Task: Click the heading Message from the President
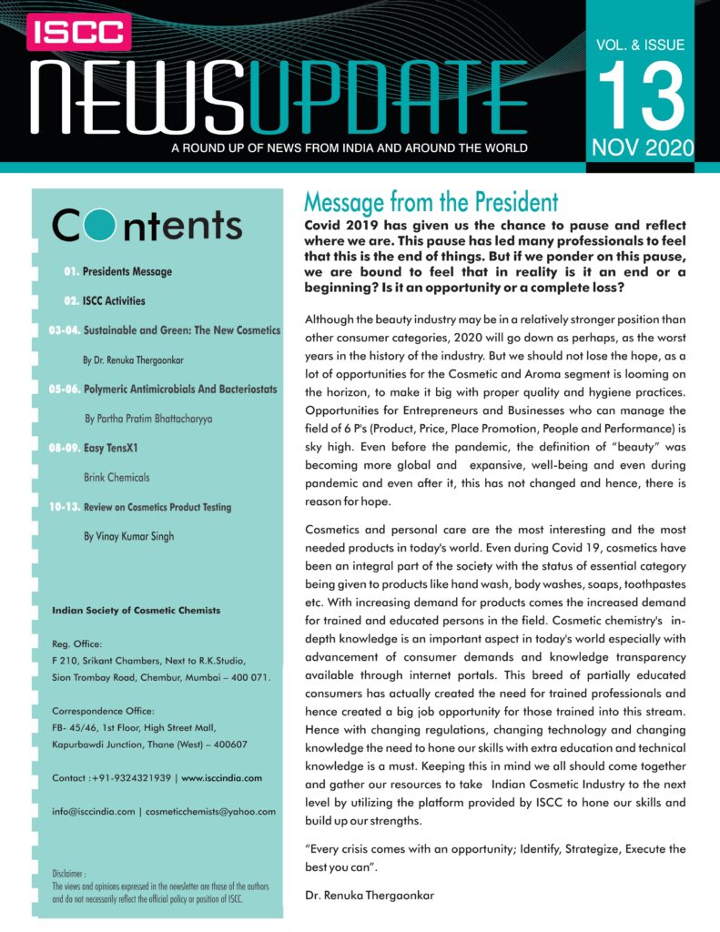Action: pyautogui.click(x=431, y=201)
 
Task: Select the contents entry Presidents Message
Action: pyautogui.click(x=127, y=271)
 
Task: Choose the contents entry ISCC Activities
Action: pyautogui.click(x=114, y=300)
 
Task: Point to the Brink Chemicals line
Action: pyautogui.click(x=117, y=477)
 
